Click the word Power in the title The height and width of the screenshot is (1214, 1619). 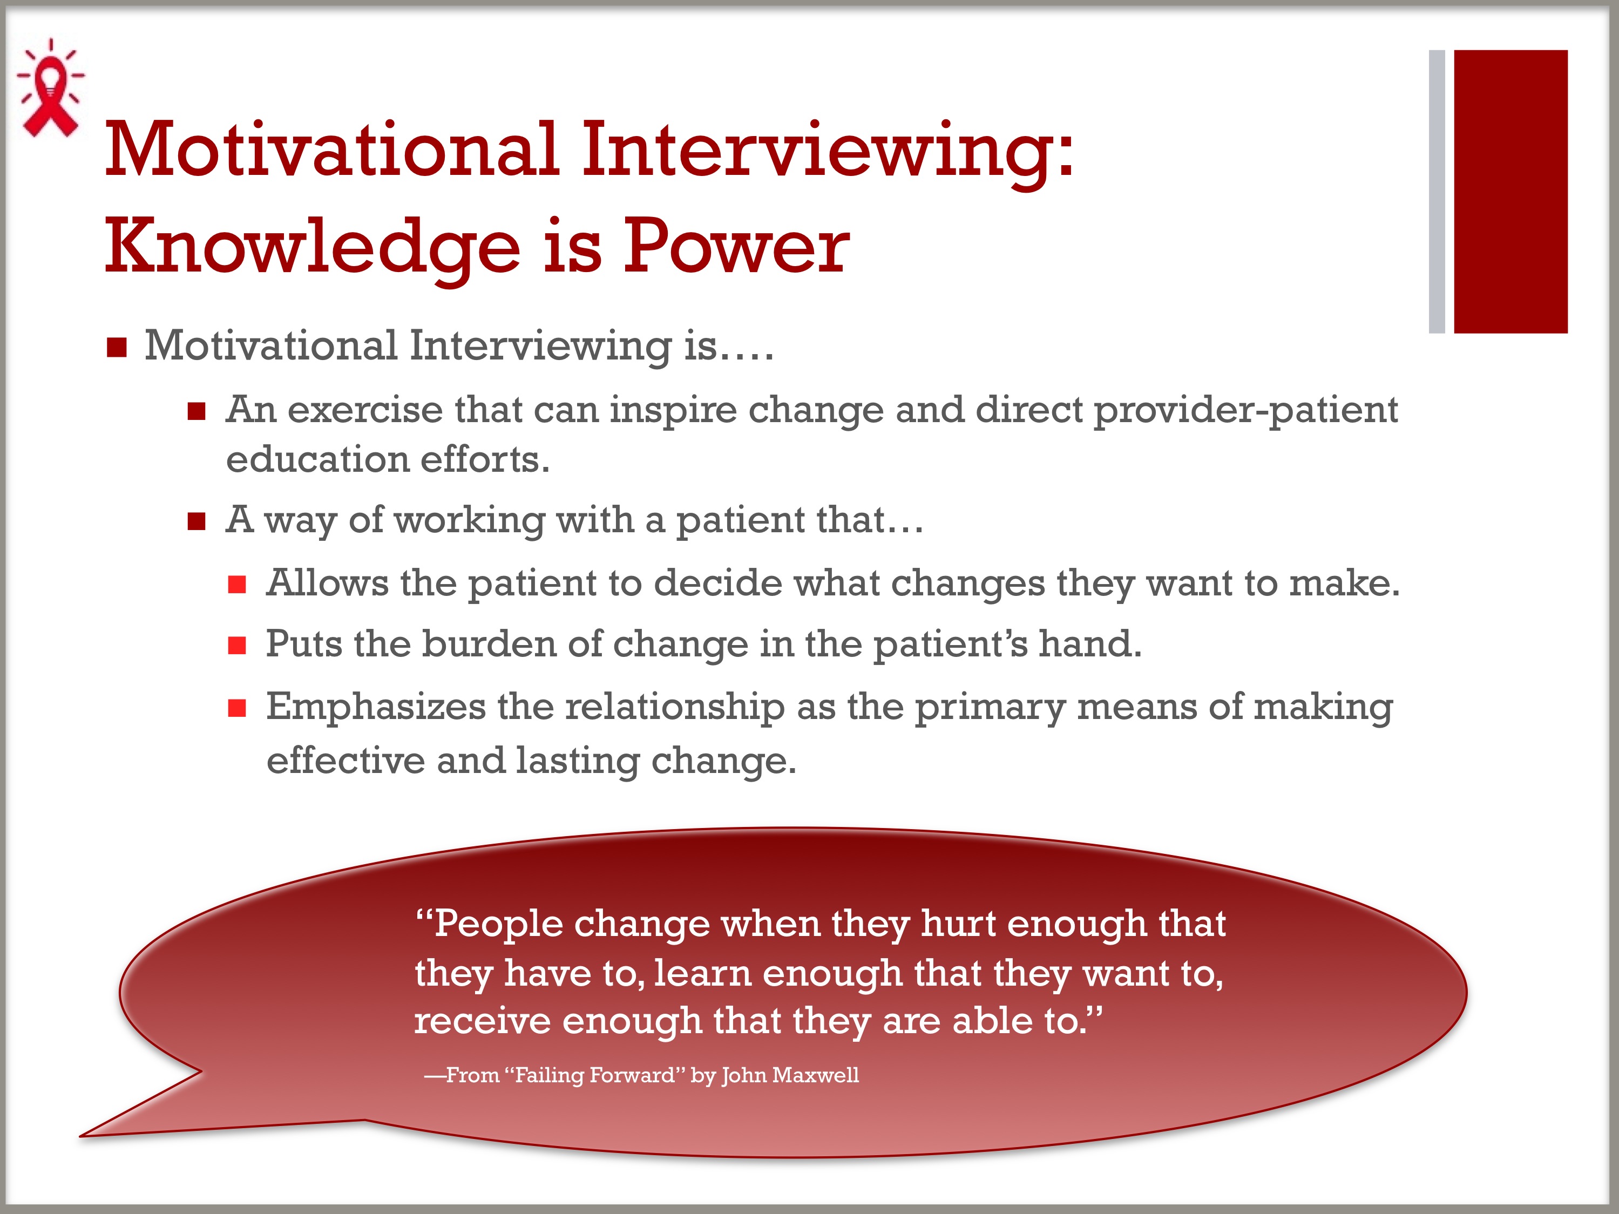click(736, 247)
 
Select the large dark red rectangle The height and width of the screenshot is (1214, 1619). click(1510, 192)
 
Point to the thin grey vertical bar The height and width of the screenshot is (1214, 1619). click(1437, 192)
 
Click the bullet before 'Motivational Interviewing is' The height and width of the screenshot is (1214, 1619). click(117, 347)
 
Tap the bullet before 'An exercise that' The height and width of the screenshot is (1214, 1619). click(196, 411)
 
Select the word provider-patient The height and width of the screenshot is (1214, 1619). click(1245, 411)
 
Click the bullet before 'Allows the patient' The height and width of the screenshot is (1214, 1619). click(236, 584)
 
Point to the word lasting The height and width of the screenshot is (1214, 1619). click(578, 762)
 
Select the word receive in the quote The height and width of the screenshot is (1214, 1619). click(482, 1020)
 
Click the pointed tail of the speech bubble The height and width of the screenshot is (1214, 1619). click(82, 1136)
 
